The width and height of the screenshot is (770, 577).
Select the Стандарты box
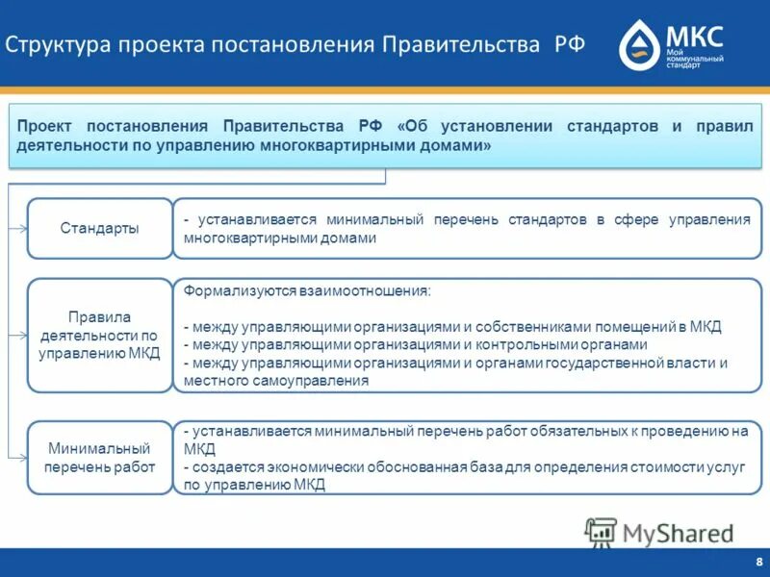pos(99,229)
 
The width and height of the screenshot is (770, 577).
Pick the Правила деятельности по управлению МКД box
pos(99,335)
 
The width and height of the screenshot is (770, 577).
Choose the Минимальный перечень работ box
pos(99,458)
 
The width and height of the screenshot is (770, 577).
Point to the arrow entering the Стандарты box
pos(20,229)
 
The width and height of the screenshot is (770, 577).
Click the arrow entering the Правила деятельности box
pos(20,335)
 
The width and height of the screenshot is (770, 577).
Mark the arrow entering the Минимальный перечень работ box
pos(20,458)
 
